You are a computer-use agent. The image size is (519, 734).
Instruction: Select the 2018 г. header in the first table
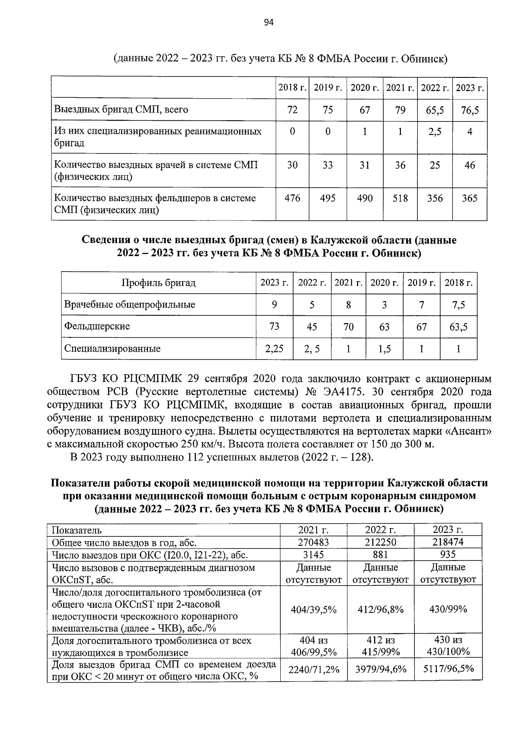(x=292, y=88)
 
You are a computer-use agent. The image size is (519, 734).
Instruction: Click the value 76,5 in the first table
(x=470, y=110)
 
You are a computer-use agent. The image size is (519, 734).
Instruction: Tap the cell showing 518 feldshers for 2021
(x=400, y=199)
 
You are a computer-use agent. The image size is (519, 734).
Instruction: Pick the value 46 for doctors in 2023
(x=470, y=165)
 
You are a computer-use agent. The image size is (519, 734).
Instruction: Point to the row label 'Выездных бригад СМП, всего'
(x=121, y=110)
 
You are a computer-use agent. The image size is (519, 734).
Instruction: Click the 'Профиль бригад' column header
(x=158, y=283)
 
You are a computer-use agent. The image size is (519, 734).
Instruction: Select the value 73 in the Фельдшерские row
(x=274, y=327)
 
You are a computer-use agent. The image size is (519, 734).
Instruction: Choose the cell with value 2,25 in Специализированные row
(x=274, y=349)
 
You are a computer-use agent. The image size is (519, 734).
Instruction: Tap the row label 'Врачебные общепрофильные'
(x=130, y=304)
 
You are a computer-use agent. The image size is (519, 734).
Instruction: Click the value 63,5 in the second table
(x=458, y=327)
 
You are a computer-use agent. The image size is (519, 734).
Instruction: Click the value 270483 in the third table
(x=314, y=542)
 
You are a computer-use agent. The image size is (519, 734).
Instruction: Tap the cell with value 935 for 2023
(x=448, y=555)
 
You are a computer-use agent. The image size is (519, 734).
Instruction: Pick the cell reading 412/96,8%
(x=381, y=609)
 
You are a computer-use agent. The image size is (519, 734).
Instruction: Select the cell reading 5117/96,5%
(x=448, y=669)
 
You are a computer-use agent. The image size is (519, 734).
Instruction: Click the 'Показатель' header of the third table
(x=77, y=530)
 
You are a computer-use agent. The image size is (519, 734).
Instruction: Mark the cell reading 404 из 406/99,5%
(x=314, y=646)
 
